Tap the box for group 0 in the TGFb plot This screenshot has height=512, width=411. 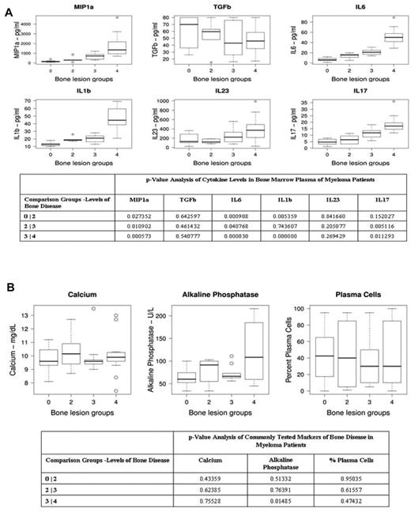[188, 32]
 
